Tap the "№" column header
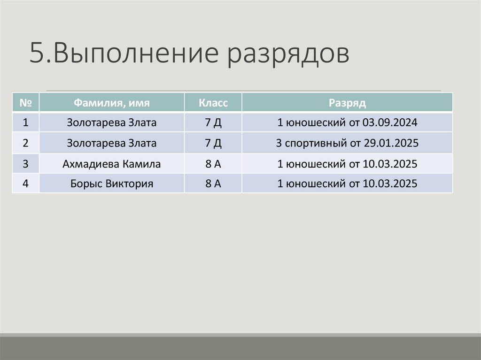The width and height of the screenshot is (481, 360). (x=26, y=102)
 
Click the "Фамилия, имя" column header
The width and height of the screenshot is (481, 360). (x=111, y=102)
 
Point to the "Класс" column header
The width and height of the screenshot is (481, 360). (x=213, y=102)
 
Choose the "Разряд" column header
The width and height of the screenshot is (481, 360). (x=347, y=102)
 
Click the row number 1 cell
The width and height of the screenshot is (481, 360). (x=26, y=123)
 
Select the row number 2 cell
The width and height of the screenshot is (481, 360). (x=26, y=143)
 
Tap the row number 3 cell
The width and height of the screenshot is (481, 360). (x=26, y=164)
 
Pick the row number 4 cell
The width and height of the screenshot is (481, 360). (x=26, y=184)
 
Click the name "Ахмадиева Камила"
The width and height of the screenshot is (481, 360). (x=111, y=164)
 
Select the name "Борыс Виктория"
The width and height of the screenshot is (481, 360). (x=111, y=184)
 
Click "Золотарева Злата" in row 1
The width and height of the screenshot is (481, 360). (x=111, y=123)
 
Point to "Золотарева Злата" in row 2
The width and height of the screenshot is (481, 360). (x=111, y=143)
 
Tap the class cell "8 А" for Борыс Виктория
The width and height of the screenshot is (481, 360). (x=213, y=184)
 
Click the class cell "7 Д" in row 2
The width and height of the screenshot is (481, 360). (x=213, y=143)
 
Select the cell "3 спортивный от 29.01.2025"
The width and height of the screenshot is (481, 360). (x=347, y=143)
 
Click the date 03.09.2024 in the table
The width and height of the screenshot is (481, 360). (x=390, y=123)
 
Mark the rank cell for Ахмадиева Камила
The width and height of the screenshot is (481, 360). (x=347, y=164)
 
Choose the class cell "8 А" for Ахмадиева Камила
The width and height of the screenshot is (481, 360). (x=213, y=164)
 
